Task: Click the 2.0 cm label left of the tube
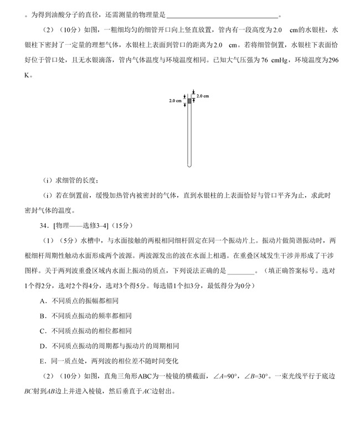(x=175, y=101)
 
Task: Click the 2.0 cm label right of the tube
(x=203, y=96)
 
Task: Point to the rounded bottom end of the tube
(x=189, y=165)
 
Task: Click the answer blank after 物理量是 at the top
(x=222, y=15)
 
